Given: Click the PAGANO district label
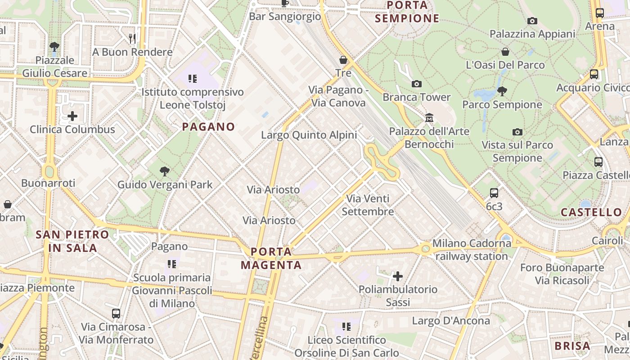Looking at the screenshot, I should click(x=208, y=127).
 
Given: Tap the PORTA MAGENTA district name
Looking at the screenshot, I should click(x=271, y=258).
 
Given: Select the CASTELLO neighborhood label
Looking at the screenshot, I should click(x=591, y=212).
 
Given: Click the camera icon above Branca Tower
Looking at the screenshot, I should click(x=417, y=84).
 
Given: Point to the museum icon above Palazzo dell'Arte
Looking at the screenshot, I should click(x=429, y=118).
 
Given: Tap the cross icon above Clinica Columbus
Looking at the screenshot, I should click(x=72, y=116).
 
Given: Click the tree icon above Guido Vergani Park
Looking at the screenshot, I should click(x=165, y=171).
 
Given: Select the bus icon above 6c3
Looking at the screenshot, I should click(x=494, y=193).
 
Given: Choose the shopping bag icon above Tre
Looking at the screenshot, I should click(x=343, y=60).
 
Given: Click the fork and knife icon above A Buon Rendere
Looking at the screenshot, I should click(x=132, y=39).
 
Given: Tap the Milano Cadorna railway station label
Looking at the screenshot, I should click(x=472, y=250).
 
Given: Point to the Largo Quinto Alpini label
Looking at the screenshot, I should click(x=309, y=135).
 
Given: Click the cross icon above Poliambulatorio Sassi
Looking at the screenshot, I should click(x=398, y=276).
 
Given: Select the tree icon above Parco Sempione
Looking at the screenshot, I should click(x=502, y=91).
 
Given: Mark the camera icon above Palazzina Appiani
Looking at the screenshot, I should click(x=532, y=21).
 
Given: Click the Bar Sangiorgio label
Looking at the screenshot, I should click(x=285, y=17).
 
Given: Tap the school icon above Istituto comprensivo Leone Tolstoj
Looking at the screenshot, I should click(x=193, y=79).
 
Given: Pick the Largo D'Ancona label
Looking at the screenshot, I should click(x=451, y=321).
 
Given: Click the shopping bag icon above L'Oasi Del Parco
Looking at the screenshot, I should click(x=505, y=52).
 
